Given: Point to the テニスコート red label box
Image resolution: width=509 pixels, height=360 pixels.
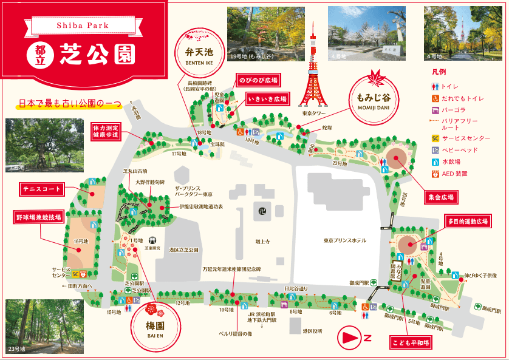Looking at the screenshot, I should point(42,189).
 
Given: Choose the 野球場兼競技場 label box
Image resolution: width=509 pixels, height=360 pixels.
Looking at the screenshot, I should point(38,216).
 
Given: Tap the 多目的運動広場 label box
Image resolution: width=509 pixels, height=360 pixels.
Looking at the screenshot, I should point(468,222).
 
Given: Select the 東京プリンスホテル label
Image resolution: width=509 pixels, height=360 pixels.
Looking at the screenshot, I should point(346,240).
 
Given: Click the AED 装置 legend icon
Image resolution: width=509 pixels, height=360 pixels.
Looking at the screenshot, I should point(435,174).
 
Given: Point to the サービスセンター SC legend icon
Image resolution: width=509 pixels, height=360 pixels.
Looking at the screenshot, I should point(435,137).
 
